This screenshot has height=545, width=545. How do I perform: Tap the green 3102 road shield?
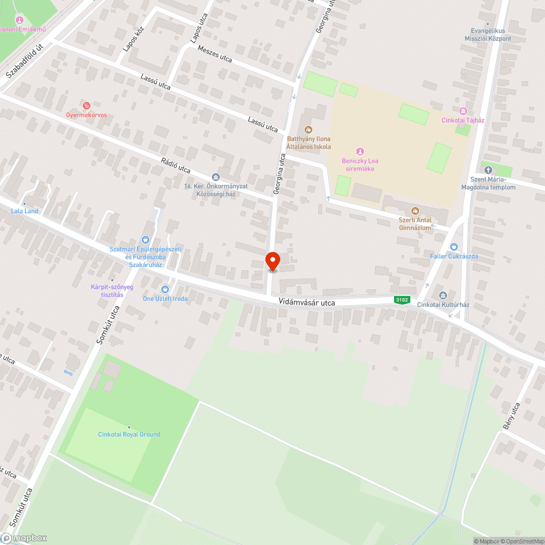pyautogui.click(x=402, y=300)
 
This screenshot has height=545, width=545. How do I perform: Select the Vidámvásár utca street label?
pyautogui.click(x=306, y=302)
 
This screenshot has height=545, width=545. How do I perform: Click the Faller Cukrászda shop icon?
pyautogui.click(x=454, y=247)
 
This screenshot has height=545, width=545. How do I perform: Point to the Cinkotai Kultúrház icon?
pyautogui.click(x=443, y=295)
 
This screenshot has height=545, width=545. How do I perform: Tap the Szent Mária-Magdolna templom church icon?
pyautogui.click(x=488, y=170)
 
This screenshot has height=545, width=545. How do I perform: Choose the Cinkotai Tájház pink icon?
pyautogui.click(x=463, y=111)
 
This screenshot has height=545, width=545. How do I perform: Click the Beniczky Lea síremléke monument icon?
pyautogui.click(x=360, y=151)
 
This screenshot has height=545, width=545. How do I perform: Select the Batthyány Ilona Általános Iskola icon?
pyautogui.click(x=308, y=130)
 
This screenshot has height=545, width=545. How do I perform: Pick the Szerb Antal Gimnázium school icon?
pyautogui.click(x=415, y=211)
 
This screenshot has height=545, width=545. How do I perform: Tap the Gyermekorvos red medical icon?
pyautogui.click(x=86, y=106)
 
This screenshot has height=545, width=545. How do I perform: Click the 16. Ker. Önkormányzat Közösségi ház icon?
pyautogui.click(x=216, y=177)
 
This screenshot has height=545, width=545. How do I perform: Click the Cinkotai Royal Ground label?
pyautogui.click(x=129, y=434)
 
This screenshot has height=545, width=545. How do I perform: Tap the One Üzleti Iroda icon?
pyautogui.click(x=165, y=289)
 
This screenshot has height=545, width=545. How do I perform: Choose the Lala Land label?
pyautogui.click(x=24, y=211)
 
